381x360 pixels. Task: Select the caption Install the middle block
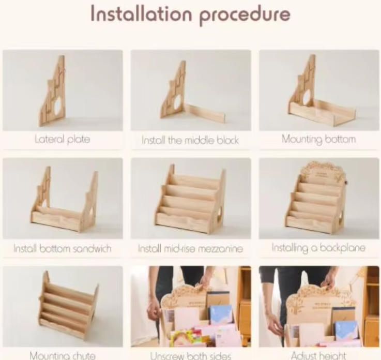190,140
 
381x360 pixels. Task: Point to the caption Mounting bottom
319,139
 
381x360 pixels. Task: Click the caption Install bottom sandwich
62,248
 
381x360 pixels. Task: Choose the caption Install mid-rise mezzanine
190,249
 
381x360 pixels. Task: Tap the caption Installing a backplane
318,248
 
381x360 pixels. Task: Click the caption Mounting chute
62,356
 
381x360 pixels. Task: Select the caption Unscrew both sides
190,356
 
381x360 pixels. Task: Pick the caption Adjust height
319,356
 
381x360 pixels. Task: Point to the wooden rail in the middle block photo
204,113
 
